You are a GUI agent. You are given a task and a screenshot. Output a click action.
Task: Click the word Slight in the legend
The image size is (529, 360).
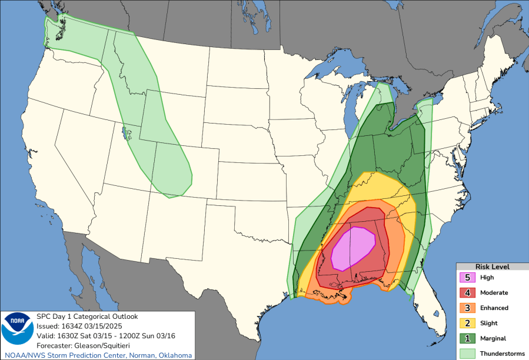click(x=488, y=323)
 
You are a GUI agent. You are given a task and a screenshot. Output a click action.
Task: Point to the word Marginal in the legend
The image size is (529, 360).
click(x=493, y=338)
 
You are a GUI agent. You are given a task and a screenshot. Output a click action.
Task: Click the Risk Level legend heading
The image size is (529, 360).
click(x=492, y=266)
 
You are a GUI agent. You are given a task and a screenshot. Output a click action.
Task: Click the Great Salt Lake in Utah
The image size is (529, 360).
click(x=124, y=133)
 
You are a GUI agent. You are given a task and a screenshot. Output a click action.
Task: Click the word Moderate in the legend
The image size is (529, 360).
click(x=494, y=292)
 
